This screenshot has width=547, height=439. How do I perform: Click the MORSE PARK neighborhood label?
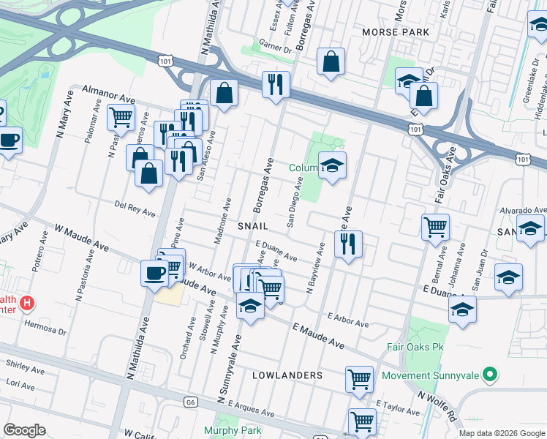[x=395, y=33]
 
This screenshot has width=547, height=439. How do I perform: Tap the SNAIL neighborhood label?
[x=253, y=226]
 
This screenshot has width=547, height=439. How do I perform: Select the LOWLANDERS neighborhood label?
[x=287, y=375]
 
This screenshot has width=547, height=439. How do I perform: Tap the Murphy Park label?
[x=233, y=430]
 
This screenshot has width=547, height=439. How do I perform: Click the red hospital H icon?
[x=27, y=301]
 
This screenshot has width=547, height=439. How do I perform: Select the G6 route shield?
[x=191, y=401]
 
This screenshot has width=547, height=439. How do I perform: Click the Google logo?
[x=25, y=430]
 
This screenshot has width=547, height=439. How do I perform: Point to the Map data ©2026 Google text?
[x=501, y=432]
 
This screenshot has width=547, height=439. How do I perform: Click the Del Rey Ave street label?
[x=135, y=209]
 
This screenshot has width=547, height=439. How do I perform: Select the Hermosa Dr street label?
[x=45, y=325]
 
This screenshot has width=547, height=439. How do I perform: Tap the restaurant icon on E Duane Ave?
[x=349, y=244]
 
